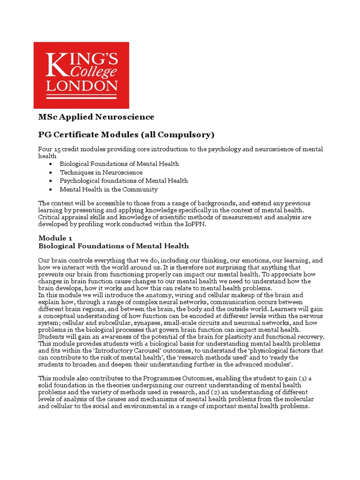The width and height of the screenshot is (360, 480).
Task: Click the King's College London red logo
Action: coord(81,75)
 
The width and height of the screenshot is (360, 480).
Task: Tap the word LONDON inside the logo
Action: coord(81,86)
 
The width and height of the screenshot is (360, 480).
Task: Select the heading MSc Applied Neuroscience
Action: coord(96,117)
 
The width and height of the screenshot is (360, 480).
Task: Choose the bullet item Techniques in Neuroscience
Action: coord(101,172)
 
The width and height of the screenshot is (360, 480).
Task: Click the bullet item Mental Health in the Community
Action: coord(108,189)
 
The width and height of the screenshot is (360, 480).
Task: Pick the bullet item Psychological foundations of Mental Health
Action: coord(124,181)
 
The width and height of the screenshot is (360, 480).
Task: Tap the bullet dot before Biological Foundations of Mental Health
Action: coord(50,164)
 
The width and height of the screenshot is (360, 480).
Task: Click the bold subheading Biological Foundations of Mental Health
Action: coord(113,246)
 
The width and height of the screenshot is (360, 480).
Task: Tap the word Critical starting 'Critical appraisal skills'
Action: coord(49,217)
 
